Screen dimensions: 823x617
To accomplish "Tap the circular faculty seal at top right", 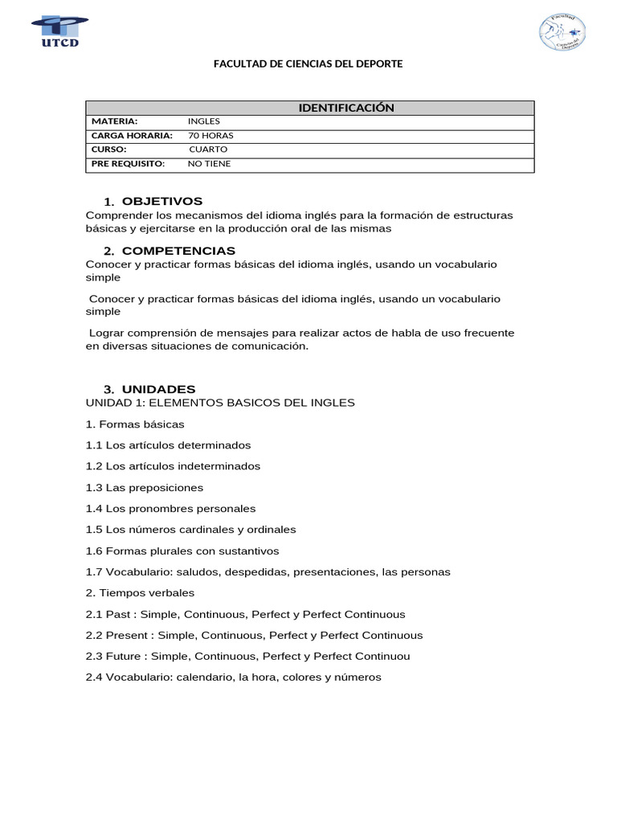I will [562, 32].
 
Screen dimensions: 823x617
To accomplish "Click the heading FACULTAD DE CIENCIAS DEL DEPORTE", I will [308, 63].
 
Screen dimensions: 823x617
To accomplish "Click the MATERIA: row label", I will [114, 121].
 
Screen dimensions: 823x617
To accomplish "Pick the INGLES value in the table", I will [203, 121].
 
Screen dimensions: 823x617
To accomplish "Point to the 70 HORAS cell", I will [210, 136].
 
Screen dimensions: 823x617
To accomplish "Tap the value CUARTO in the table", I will [208, 149].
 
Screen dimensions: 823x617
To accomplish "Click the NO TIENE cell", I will [209, 164].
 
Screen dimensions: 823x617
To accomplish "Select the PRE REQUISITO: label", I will [128, 164].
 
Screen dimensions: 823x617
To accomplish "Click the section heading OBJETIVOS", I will [162, 201].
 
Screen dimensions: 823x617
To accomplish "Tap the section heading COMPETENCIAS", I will [178, 251].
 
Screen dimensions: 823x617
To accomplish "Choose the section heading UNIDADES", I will [158, 389].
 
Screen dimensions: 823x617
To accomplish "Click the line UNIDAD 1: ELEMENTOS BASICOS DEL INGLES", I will [220, 403].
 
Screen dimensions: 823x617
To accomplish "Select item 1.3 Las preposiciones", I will [145, 488].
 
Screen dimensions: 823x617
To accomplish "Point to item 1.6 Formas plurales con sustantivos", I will [182, 551].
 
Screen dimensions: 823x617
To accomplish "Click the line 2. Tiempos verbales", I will [140, 593].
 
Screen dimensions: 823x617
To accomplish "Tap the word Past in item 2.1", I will [118, 615].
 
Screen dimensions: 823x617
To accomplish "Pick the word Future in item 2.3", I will [124, 657].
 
